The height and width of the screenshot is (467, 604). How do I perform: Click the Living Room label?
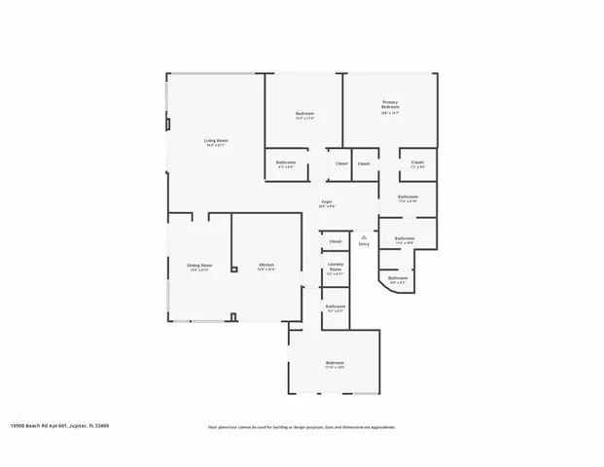[215, 140]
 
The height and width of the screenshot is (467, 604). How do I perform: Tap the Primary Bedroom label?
[390, 104]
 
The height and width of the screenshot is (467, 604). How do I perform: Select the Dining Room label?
[199, 265]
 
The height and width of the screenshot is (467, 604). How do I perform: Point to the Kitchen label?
[266, 265]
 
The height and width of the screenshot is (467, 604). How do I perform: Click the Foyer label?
[328, 201]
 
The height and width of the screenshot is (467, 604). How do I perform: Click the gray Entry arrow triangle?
[364, 235]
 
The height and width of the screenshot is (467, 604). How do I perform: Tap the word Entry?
[364, 244]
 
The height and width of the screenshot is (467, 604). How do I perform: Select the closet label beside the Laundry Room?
[336, 240]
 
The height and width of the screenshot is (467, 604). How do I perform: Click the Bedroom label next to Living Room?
[304, 114]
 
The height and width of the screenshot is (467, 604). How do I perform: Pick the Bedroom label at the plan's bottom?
[335, 363]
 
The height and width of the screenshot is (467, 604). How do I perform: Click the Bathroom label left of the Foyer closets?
[286, 162]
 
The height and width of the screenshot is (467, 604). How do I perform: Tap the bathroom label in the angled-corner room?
[398, 278]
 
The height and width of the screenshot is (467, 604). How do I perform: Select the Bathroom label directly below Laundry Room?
[335, 306]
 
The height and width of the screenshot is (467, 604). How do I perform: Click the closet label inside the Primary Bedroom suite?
[417, 162]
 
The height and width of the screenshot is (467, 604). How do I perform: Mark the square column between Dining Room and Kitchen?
[234, 269]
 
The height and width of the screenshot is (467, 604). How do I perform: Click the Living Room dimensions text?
[215, 145]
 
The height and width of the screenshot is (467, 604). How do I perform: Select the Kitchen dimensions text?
[266, 269]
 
